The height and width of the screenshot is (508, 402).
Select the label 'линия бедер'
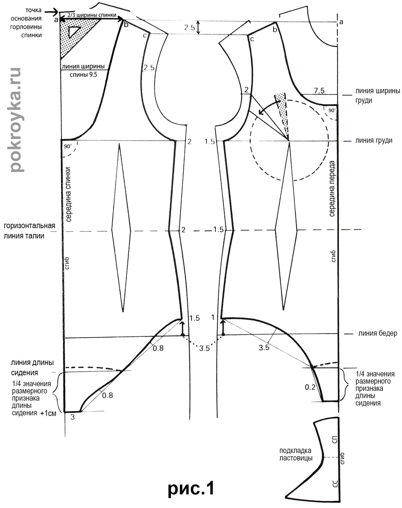(x=375, y=333)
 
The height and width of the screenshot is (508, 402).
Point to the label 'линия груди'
(x=374, y=140)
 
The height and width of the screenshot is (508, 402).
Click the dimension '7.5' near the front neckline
(x=319, y=91)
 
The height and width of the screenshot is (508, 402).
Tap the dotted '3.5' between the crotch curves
(x=205, y=348)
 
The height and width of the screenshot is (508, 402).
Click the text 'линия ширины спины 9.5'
(x=84, y=71)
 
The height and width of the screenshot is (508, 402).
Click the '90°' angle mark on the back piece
(x=68, y=147)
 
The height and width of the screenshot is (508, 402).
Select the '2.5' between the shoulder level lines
(x=189, y=27)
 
